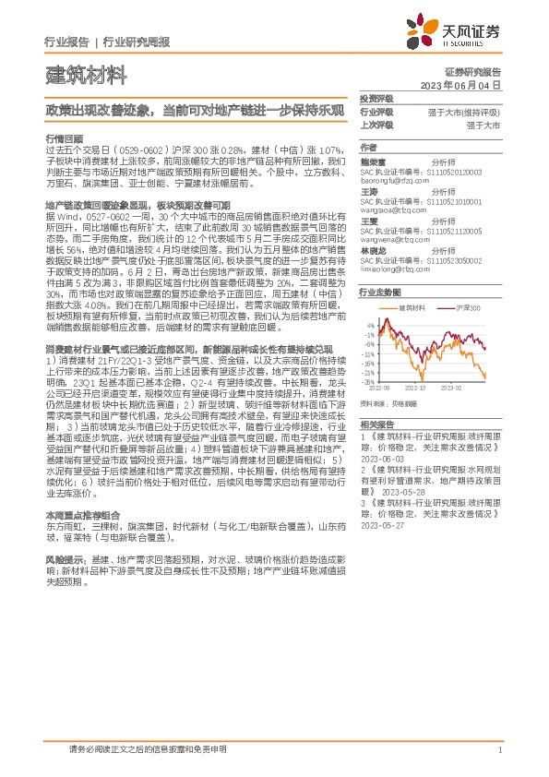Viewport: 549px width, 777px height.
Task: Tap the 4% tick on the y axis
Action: point(370,325)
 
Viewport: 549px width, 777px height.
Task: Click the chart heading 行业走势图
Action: point(378,291)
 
